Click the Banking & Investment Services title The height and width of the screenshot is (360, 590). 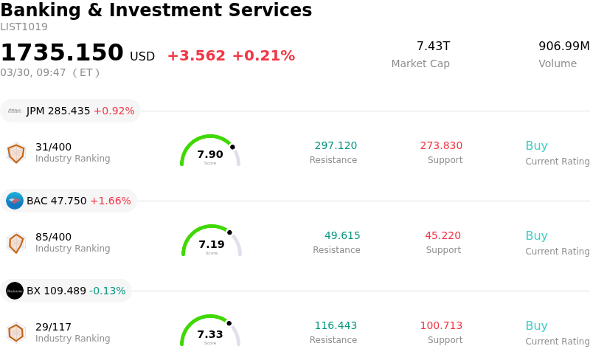click(x=156, y=11)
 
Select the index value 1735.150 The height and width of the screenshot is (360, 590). click(x=62, y=53)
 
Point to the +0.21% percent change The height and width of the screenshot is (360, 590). click(x=263, y=56)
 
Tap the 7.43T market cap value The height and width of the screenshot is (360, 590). click(x=433, y=46)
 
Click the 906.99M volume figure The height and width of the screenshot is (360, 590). click(x=563, y=46)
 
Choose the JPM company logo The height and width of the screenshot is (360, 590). click(x=15, y=111)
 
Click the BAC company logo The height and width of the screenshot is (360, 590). click(x=15, y=201)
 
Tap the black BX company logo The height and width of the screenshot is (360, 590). click(x=15, y=291)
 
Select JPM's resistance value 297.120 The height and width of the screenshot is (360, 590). click(x=336, y=146)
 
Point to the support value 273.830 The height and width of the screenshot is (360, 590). click(x=441, y=146)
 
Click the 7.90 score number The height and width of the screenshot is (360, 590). click(x=210, y=154)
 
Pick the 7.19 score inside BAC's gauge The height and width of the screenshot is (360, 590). click(x=212, y=244)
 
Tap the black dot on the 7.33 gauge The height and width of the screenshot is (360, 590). click(x=229, y=323)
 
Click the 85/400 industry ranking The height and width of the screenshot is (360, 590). click(x=53, y=237)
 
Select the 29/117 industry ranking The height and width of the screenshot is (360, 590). click(x=53, y=327)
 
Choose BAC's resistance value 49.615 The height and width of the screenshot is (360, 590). click(x=342, y=236)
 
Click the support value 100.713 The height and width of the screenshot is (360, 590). click(x=441, y=326)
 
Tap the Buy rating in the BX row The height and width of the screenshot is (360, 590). click(x=536, y=326)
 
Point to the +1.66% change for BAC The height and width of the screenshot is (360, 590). click(x=110, y=201)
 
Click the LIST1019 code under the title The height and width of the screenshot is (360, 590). click(x=24, y=27)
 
